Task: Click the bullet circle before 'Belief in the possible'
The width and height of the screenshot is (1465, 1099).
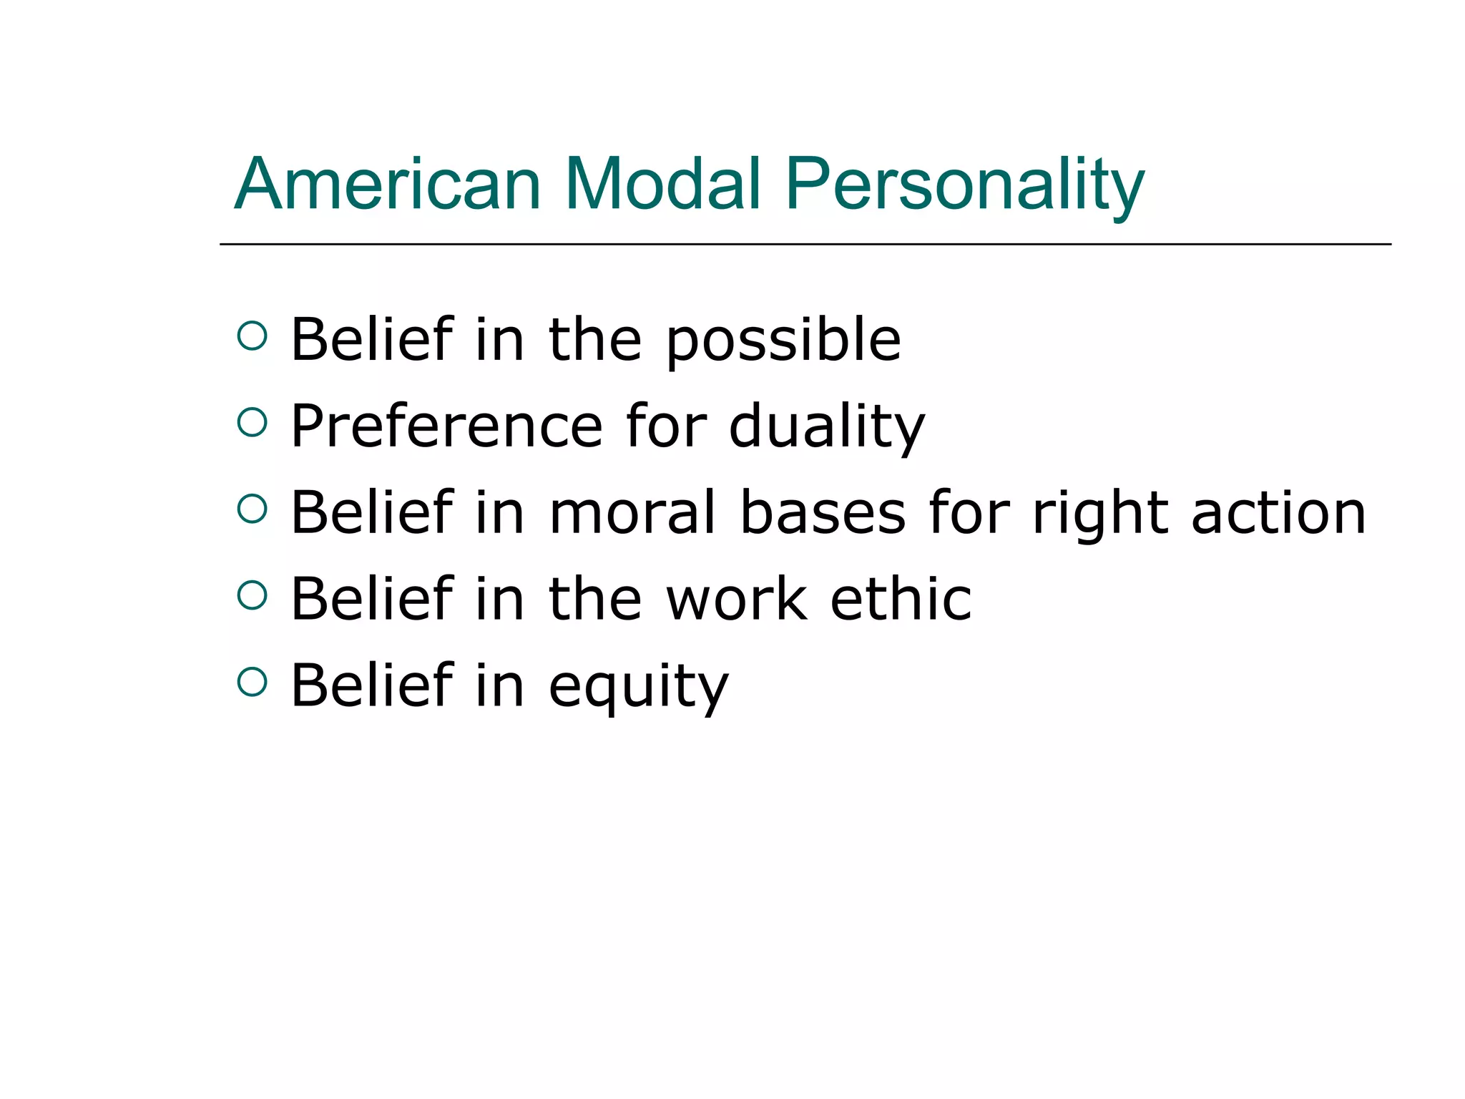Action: (252, 336)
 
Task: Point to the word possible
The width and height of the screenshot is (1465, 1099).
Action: (783, 341)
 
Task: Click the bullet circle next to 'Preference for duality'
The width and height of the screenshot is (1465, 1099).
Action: (252, 422)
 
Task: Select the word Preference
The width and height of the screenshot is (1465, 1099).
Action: (446, 426)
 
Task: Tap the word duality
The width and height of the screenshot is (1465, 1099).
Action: (827, 428)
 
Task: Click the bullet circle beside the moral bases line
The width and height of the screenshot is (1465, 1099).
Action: (252, 509)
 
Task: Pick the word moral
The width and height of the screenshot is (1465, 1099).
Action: (632, 513)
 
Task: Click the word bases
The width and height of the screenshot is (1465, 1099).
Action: (823, 513)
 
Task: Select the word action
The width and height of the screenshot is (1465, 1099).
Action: (1278, 513)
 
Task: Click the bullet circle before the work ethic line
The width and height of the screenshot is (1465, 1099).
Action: (252, 595)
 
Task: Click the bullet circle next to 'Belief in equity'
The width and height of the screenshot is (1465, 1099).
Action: (252, 682)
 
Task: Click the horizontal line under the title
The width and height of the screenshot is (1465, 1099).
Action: (805, 244)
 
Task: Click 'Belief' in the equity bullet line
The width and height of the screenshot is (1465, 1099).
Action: (372, 685)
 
